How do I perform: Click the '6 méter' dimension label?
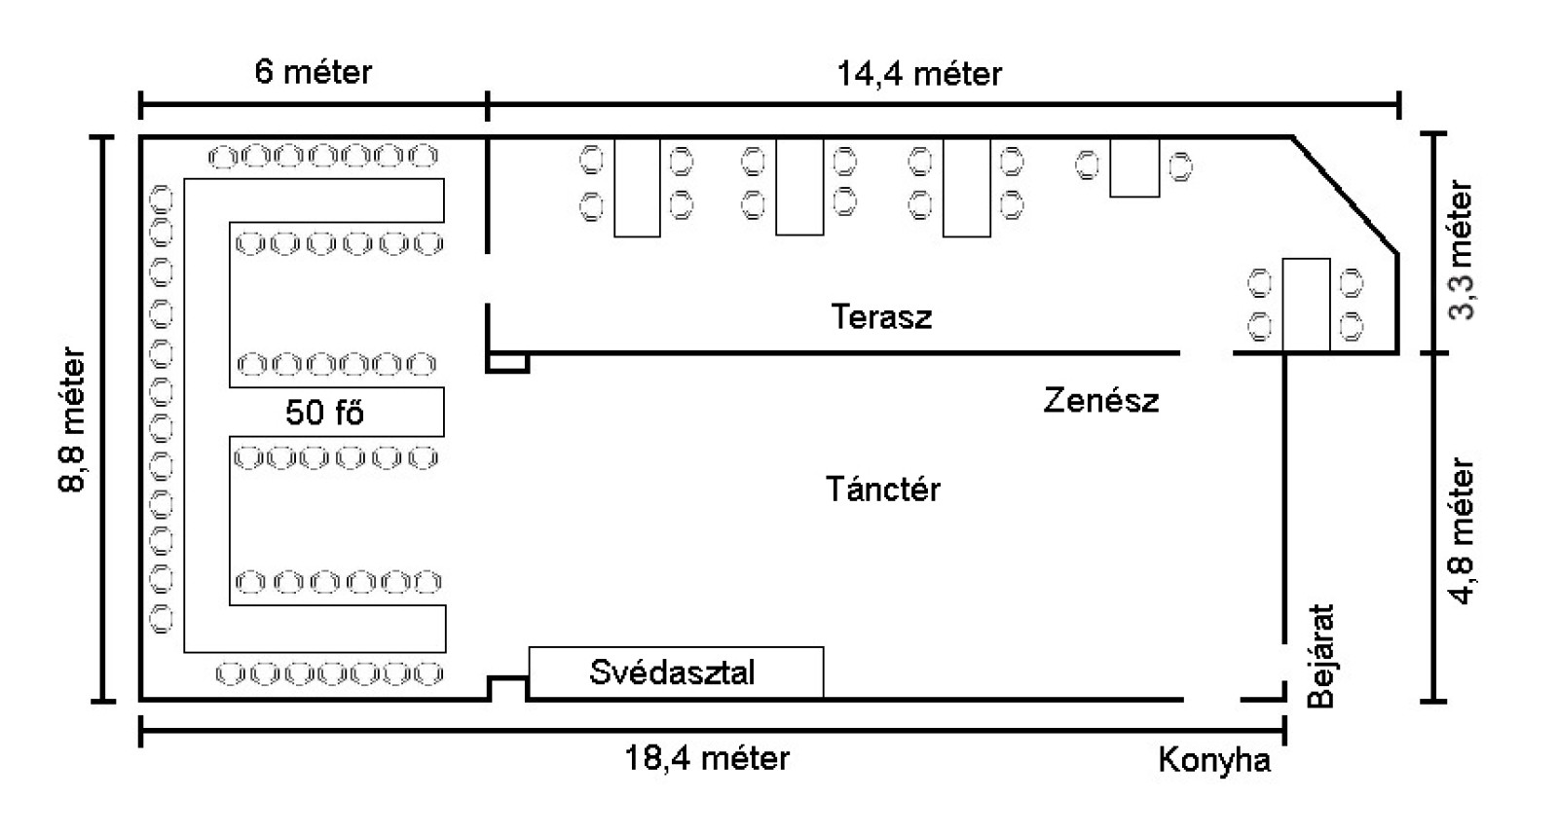(x=313, y=72)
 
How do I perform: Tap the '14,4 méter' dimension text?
(x=918, y=74)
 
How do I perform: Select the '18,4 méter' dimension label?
(x=707, y=758)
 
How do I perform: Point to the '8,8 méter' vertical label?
(x=74, y=421)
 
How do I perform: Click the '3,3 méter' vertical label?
(x=1462, y=250)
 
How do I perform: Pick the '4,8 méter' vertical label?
(x=1463, y=531)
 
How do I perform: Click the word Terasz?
(x=881, y=317)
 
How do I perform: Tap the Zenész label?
(x=1100, y=400)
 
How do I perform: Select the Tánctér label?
(x=883, y=489)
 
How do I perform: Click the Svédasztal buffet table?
(x=675, y=672)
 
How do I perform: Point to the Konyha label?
(x=1214, y=760)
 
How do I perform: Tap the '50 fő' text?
(x=324, y=413)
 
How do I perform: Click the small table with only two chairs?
(x=1134, y=167)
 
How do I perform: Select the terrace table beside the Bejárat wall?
(x=1306, y=304)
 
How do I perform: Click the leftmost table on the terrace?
(x=637, y=187)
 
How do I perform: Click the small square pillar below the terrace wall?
(x=507, y=363)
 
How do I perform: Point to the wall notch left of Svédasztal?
(x=507, y=687)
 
